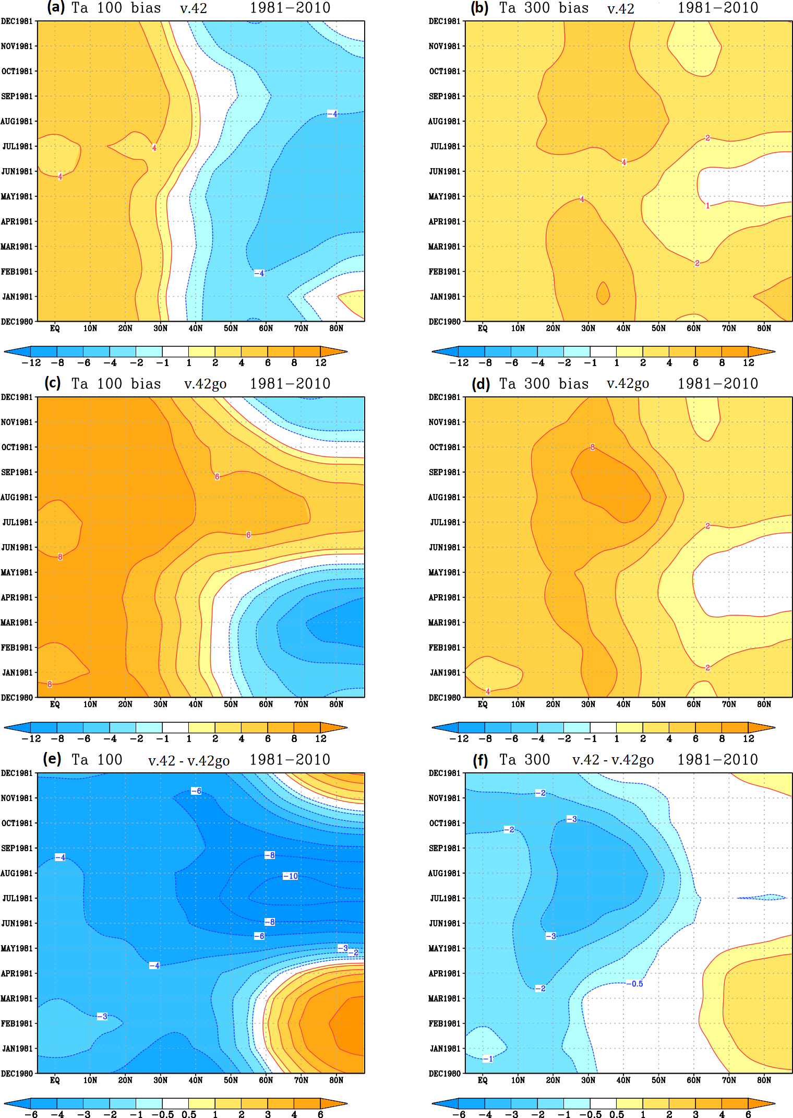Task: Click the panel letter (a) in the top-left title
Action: pos(56,7)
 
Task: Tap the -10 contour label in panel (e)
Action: pos(291,876)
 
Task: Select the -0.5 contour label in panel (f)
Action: pos(635,984)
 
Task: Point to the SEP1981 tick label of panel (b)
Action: pos(444,97)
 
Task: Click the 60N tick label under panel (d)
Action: pos(693,704)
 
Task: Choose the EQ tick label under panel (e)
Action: pos(55,1080)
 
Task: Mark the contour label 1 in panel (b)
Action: pos(707,206)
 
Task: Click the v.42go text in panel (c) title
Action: pos(205,384)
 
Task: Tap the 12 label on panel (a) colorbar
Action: pos(320,363)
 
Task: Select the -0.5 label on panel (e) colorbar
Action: pos(163,1114)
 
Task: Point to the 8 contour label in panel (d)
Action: pos(592,447)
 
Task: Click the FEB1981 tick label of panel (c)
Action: pos(17,648)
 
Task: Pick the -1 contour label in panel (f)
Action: pos(488,1059)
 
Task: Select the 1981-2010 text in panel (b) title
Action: pos(717,8)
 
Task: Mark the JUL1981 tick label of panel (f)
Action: pos(445,899)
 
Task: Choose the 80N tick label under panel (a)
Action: pos(336,328)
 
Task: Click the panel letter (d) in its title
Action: pos(480,384)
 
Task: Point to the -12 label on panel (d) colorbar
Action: pos(459,739)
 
